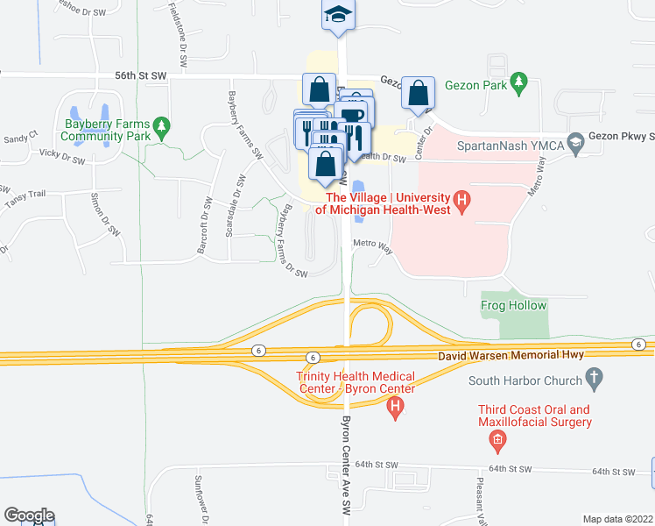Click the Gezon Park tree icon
[x=519, y=82]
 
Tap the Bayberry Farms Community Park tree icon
[x=161, y=129]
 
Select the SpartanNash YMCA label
[x=514, y=141]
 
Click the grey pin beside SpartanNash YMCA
[x=575, y=141]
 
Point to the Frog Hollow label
[x=513, y=306]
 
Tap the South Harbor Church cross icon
[x=595, y=380]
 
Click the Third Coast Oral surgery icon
[x=497, y=440]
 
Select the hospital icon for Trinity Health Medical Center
[x=396, y=407]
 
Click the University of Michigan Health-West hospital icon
[x=464, y=204]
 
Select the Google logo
[x=29, y=515]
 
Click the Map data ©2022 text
[x=617, y=519]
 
